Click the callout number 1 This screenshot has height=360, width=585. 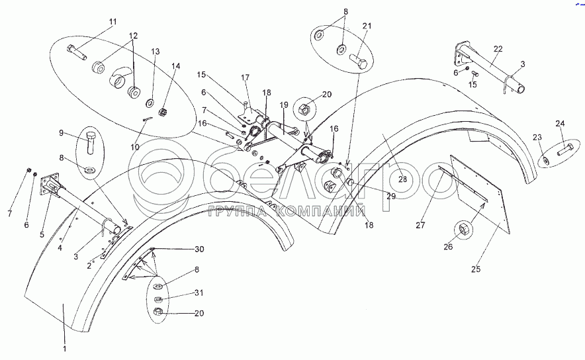64,348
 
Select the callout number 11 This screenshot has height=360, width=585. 112,22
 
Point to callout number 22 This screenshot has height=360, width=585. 498,49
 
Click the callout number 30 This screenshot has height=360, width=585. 200,249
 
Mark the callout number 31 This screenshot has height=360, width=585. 199,294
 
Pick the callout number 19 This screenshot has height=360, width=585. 283,105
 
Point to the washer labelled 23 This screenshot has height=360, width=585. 545,161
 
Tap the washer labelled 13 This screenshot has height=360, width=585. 150,103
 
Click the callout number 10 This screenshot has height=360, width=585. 135,147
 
